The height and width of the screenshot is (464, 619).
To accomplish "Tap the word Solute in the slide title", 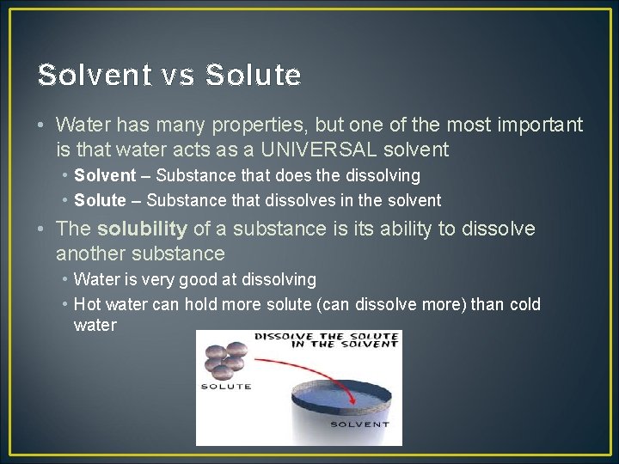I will [254, 76].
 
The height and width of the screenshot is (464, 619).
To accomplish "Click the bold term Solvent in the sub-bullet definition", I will [105, 175].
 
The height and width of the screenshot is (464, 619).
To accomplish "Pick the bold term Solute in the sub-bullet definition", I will [100, 200].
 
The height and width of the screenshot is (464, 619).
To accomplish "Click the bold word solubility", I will [142, 229].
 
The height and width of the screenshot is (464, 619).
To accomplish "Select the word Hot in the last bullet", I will [87, 304].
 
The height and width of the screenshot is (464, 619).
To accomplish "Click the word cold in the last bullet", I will [524, 304].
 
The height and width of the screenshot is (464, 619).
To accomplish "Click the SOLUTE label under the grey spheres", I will [225, 386].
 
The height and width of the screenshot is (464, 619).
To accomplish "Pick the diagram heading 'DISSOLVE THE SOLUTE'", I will [326, 336].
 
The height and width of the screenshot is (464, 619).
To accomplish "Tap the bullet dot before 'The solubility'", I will [42, 229].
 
